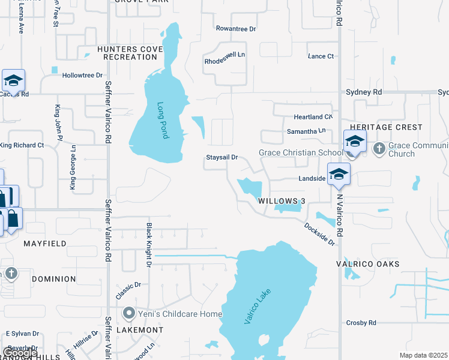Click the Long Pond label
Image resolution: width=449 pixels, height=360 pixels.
point(163,121)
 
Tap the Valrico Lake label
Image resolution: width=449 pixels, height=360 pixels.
point(258,307)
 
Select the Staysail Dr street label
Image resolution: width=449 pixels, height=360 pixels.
point(222,157)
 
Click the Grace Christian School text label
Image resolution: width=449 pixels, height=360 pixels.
point(300,152)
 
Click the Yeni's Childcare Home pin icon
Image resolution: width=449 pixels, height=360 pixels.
point(128,313)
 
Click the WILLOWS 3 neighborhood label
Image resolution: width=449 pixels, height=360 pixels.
point(282,201)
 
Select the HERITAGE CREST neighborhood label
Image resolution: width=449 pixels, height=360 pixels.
point(386,128)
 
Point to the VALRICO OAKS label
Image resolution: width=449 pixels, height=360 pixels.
point(367,264)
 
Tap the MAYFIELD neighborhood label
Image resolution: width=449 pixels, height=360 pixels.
point(44,244)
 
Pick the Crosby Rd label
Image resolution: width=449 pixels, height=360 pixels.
point(361,323)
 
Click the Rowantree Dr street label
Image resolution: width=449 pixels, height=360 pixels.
point(236,28)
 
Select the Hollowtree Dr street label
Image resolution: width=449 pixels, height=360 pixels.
point(82,76)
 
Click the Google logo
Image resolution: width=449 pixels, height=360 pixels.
point(20,353)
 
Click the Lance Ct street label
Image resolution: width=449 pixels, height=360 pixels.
point(321,56)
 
